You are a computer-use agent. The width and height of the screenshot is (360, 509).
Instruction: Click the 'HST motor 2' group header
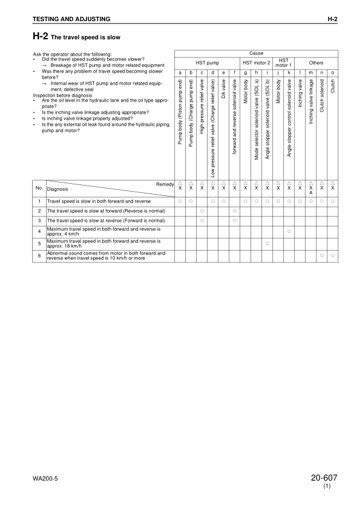pyautogui.click(x=256, y=63)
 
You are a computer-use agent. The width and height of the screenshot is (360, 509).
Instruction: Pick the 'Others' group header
pyautogui.click(x=316, y=63)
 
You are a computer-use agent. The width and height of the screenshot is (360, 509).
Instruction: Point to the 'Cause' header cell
pyautogui.click(x=256, y=53)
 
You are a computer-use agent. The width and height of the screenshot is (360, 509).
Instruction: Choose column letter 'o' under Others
pyautogui.click(x=333, y=73)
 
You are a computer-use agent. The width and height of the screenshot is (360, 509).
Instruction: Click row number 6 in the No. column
pyautogui.click(x=38, y=254)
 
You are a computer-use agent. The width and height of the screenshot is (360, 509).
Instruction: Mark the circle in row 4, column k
pyautogui.click(x=289, y=232)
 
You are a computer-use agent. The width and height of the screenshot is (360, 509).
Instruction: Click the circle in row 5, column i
pyautogui.click(x=267, y=243)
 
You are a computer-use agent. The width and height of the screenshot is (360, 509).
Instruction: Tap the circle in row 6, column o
pyautogui.click(x=333, y=254)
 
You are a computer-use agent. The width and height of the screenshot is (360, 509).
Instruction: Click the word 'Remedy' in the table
pyautogui.click(x=165, y=183)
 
